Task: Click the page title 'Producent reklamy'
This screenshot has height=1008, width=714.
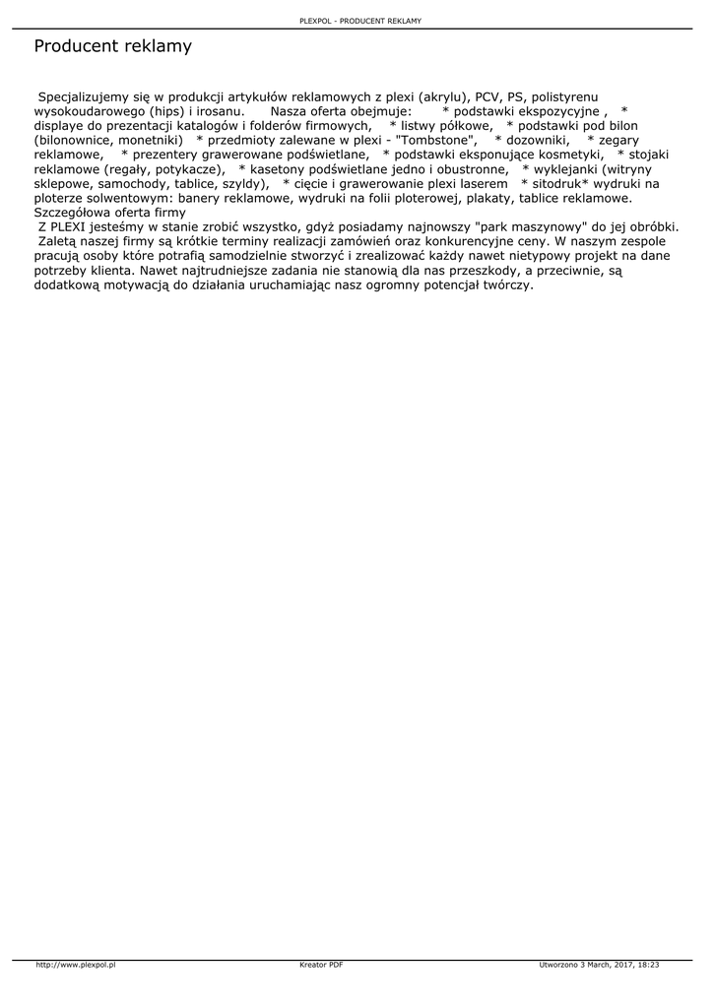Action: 112,46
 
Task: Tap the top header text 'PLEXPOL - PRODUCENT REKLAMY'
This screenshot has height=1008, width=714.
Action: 359,21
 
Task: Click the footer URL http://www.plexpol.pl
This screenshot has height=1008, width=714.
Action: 76,966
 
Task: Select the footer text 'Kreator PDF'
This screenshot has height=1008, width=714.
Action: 321,966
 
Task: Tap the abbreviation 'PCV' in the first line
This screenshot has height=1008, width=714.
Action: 487,97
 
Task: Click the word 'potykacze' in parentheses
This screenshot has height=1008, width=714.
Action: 189,169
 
